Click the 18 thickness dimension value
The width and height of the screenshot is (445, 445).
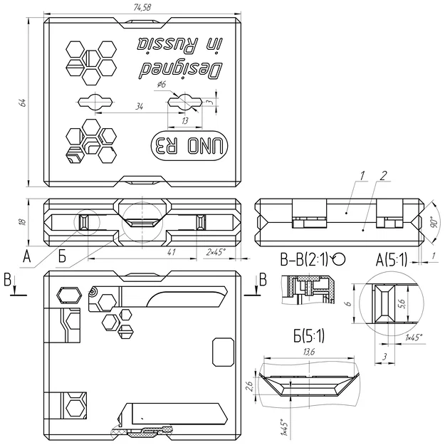point(23,221)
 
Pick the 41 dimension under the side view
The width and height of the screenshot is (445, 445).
point(171,252)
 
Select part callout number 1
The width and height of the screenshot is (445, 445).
point(362,174)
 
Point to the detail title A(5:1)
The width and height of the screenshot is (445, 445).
point(391,260)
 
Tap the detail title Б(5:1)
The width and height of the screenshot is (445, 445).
point(308,333)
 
